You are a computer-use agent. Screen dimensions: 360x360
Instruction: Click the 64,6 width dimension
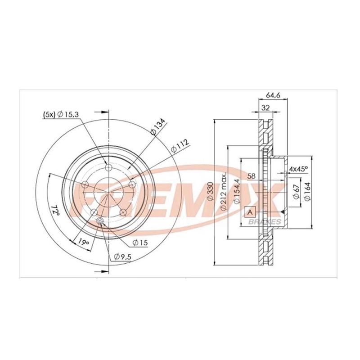pyautogui.click(x=273, y=95)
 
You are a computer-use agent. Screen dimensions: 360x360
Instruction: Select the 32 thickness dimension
pyautogui.click(x=265, y=108)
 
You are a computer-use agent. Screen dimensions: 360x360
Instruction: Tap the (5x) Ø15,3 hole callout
pyautogui.click(x=61, y=114)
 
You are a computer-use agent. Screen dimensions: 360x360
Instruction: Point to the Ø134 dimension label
pyautogui.click(x=158, y=126)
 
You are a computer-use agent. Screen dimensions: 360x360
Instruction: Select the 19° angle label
pyautogui.click(x=83, y=241)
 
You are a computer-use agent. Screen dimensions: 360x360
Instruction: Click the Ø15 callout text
pyautogui.click(x=140, y=243)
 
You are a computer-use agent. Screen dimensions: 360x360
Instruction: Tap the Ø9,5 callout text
pyautogui.click(x=123, y=256)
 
